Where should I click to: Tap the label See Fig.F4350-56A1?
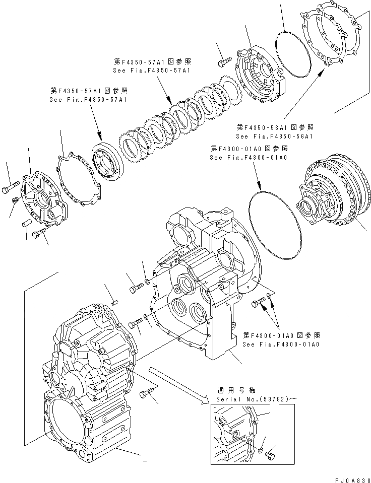[x=274, y=136]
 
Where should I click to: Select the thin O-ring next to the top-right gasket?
[x=292, y=50]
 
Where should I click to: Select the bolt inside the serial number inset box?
[x=270, y=455]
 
